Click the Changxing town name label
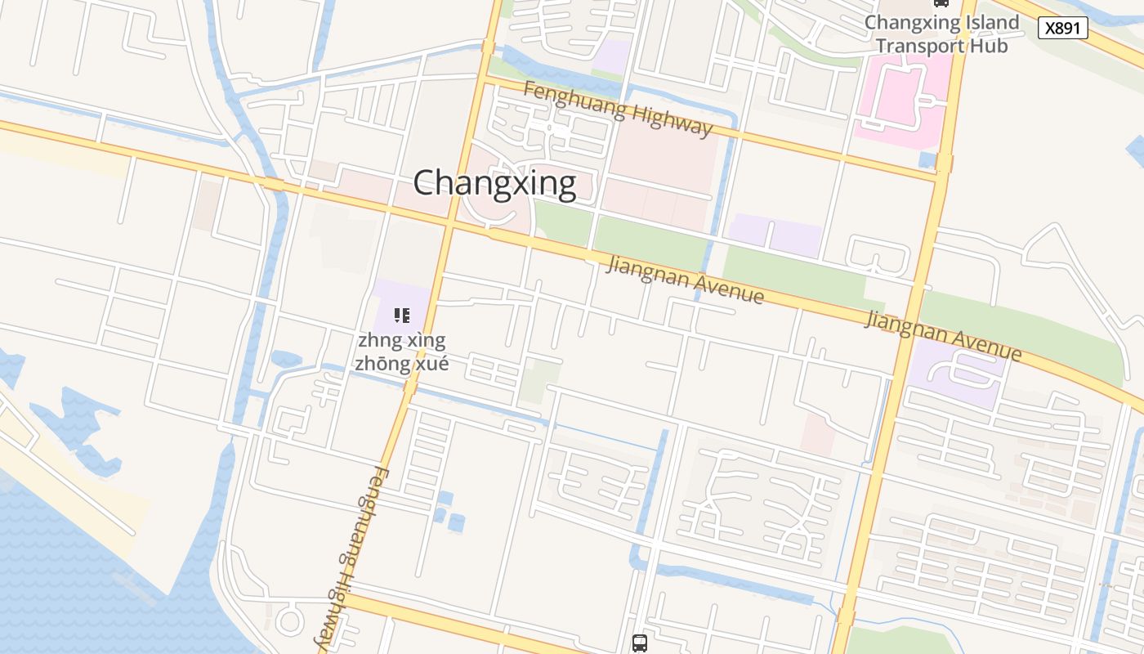pyautogui.click(x=494, y=183)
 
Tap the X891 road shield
pyautogui.click(x=1063, y=28)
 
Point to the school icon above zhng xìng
pyautogui.click(x=401, y=316)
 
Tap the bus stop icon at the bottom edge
pyautogui.click(x=640, y=643)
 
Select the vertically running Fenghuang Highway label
pyautogui.click(x=353, y=556)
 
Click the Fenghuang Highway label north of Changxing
pyautogui.click(x=618, y=109)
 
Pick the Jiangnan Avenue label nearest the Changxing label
pyautogui.click(x=685, y=280)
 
